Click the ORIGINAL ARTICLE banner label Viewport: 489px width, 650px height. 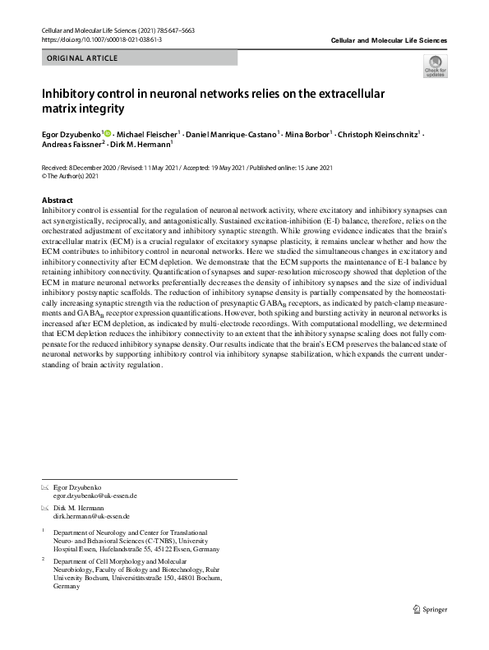point(83,58)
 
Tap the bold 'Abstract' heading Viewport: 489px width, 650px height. point(58,201)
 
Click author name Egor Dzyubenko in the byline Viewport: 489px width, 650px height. point(72,134)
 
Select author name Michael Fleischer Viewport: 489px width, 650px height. point(148,134)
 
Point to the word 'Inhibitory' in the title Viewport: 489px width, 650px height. point(73,93)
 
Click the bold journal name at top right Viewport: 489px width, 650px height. point(388,40)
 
